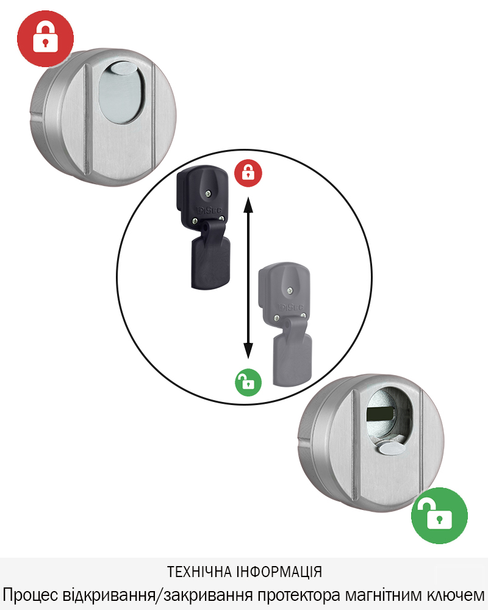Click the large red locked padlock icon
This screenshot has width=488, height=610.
click(x=45, y=38)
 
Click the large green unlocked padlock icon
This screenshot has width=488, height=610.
click(x=439, y=515)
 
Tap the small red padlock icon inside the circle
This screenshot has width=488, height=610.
click(x=248, y=173)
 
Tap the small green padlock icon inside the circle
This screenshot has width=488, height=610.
click(x=248, y=382)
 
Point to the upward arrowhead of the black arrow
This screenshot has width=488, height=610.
click(x=248, y=204)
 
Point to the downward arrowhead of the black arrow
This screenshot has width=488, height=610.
click(x=248, y=350)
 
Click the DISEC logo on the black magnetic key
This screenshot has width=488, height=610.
click(x=210, y=210)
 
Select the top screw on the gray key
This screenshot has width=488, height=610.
click(x=290, y=290)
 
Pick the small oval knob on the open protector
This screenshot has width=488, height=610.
click(x=391, y=448)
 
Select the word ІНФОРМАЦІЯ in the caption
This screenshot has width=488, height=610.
click(x=279, y=572)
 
